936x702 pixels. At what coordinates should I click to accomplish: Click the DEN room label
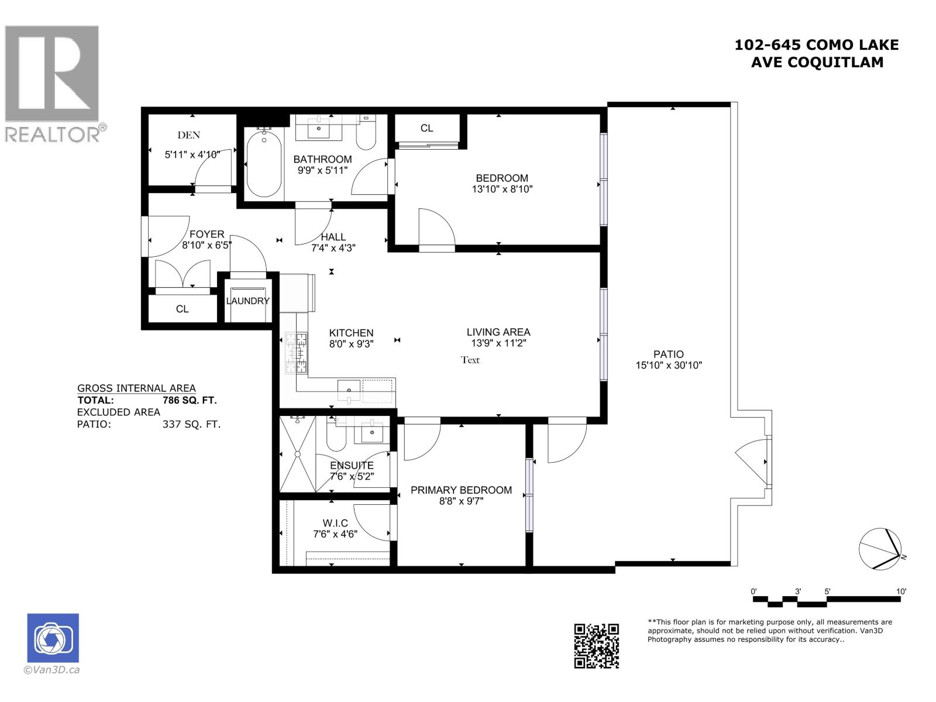click(x=189, y=135)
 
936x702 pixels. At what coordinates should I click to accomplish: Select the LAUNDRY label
click(x=248, y=301)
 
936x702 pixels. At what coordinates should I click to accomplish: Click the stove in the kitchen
click(x=295, y=353)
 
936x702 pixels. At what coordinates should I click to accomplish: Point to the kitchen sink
click(x=349, y=390)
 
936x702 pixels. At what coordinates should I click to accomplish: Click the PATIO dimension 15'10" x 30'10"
click(x=669, y=366)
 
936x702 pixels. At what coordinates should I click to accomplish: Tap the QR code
click(x=596, y=646)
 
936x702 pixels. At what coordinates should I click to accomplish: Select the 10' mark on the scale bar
click(x=901, y=592)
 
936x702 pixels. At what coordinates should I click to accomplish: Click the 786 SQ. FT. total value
click(x=190, y=401)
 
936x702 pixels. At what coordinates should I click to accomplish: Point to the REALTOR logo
click(x=53, y=82)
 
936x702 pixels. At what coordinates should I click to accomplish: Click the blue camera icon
click(x=53, y=638)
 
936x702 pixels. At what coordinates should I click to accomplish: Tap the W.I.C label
click(x=335, y=523)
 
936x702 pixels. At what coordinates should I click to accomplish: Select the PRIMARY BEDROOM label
click(x=461, y=490)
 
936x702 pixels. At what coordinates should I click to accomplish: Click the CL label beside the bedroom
click(x=426, y=128)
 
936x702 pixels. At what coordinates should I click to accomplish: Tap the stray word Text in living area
click(x=470, y=360)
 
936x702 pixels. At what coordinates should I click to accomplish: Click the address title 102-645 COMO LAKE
click(x=817, y=45)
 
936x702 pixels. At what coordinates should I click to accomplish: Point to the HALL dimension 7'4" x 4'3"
click(x=333, y=248)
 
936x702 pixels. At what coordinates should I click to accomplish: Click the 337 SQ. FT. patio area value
click(x=191, y=424)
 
